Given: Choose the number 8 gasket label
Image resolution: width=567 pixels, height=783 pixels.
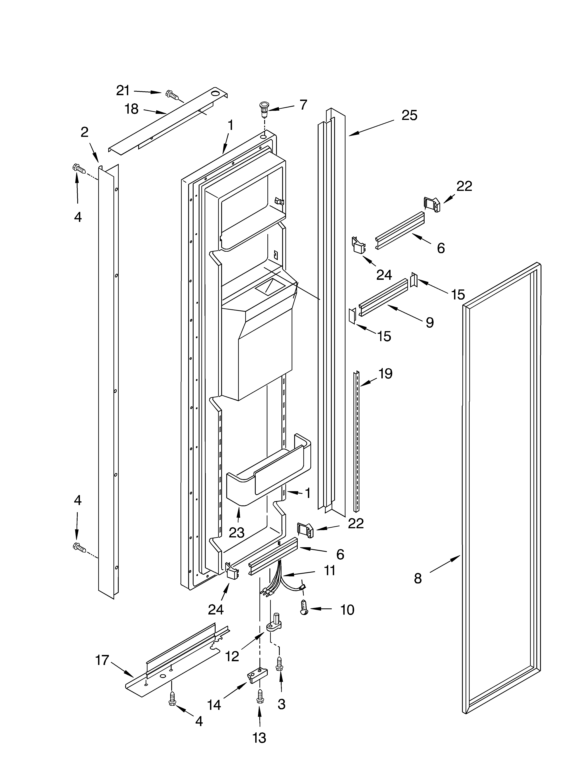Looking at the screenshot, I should [x=418, y=578].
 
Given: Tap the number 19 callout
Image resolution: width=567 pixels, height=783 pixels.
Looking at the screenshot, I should [x=385, y=374].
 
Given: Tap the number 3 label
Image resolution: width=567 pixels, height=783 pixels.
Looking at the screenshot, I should [x=281, y=704].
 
